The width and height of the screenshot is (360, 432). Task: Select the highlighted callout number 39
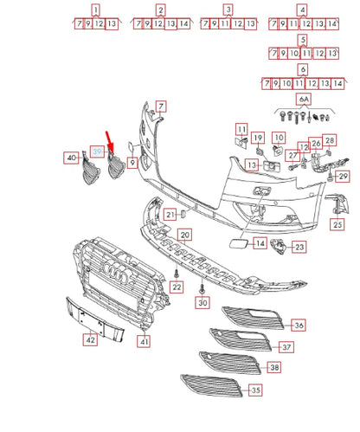[98, 152]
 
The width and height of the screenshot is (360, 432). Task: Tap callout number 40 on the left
[71, 158]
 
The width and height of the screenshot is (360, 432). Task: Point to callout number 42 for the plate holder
[90, 340]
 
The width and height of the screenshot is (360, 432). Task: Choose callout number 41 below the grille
[145, 342]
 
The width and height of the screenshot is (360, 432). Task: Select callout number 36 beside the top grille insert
[298, 326]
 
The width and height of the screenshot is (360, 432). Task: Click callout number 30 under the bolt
[202, 303]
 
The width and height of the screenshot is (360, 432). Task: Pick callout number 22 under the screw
[176, 287]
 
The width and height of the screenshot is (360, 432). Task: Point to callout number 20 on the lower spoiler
[184, 235]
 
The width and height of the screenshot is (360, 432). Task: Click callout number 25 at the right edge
[337, 224]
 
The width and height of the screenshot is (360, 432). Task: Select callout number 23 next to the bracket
[299, 247]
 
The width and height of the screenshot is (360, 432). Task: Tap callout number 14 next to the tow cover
[260, 245]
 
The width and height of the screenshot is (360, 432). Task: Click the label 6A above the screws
[303, 100]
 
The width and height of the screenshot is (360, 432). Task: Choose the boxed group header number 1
[95, 10]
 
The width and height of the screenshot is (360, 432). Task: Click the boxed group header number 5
[301, 41]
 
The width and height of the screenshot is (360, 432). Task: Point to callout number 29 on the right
[342, 177]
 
